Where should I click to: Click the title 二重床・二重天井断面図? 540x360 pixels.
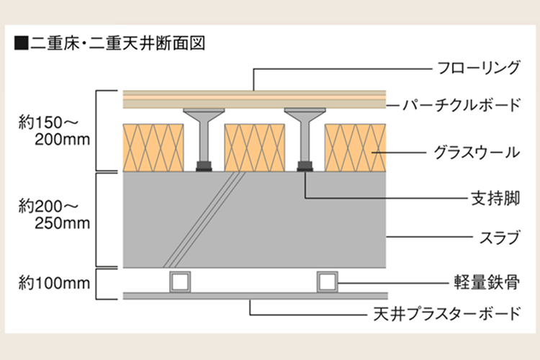pos(118,43)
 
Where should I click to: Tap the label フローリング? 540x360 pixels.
pos(478,68)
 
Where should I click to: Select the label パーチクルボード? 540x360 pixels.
pos(462,104)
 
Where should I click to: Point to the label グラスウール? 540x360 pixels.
pos(477,152)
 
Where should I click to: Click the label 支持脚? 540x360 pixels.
pos(495,199)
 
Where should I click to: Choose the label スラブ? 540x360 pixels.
pos(500,238)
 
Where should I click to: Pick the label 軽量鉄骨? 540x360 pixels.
pos(487,283)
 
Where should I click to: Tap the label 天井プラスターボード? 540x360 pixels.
pos(446,314)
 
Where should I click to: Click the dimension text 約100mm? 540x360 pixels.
pos(54,283)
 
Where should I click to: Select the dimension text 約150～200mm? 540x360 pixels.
pos(54,131)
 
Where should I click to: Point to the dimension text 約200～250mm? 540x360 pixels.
pos(54,215)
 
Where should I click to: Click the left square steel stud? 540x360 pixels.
pos(180,282)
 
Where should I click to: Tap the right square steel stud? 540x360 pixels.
pos(327,282)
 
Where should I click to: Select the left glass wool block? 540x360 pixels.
pos(153,148)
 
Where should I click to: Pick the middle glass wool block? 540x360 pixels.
pos(254,148)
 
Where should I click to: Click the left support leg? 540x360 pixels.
pos(204,140)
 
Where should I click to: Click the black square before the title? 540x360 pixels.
pos(22,44)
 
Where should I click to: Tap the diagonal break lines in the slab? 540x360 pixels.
pos(204,220)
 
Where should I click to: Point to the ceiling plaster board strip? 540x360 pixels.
pos(255,296)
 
